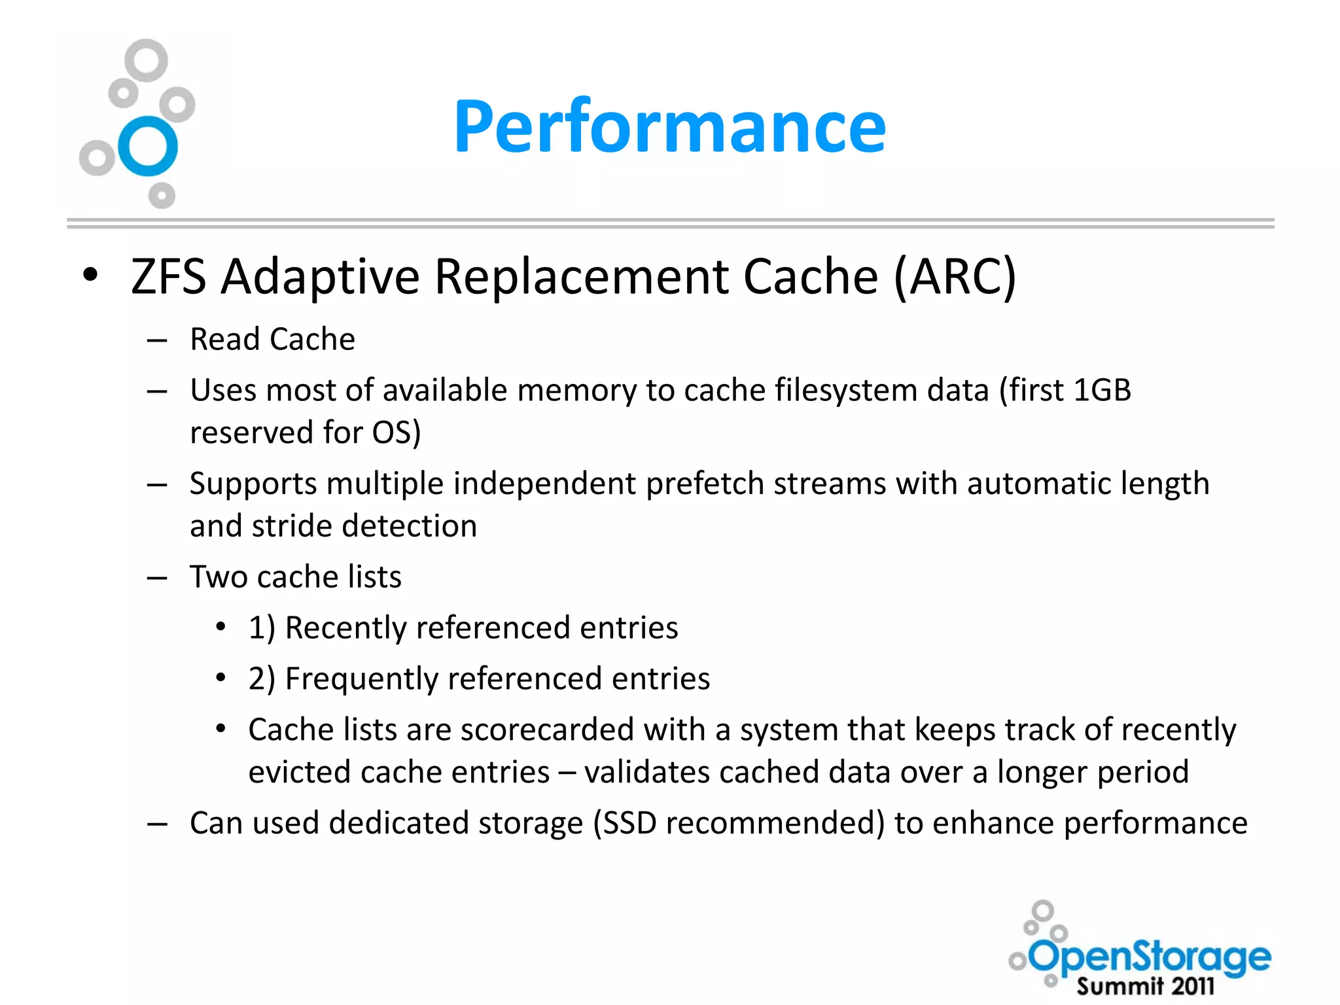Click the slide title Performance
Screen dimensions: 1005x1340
pos(669,126)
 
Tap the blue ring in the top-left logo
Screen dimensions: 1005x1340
pos(148,147)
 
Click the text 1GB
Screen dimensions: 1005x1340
pos(1102,391)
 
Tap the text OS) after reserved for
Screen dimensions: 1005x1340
pos(397,433)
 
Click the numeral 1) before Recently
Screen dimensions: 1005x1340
pos(262,628)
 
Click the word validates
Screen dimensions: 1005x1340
pos(646,772)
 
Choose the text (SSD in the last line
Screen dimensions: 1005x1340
pos(625,823)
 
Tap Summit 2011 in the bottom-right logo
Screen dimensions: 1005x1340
pos(1145,985)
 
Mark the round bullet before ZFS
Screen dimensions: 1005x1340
pos(90,275)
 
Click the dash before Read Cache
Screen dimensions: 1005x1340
pos(157,341)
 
